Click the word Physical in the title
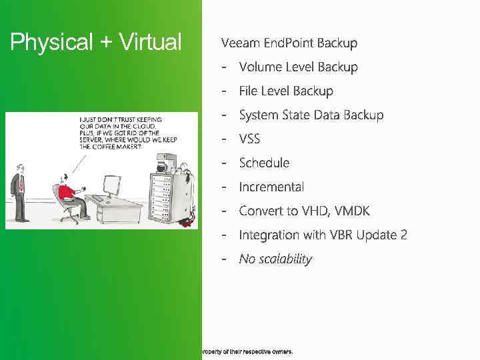[x=51, y=43]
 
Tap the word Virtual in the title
[x=150, y=43]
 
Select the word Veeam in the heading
[x=240, y=43]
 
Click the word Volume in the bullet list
[x=259, y=67]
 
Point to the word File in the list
[x=249, y=91]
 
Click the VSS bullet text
[x=249, y=139]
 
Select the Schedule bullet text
[x=264, y=163]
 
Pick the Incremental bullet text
[x=271, y=187]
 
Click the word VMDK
[x=352, y=211]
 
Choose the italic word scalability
[x=285, y=259]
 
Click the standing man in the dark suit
[x=19, y=190]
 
